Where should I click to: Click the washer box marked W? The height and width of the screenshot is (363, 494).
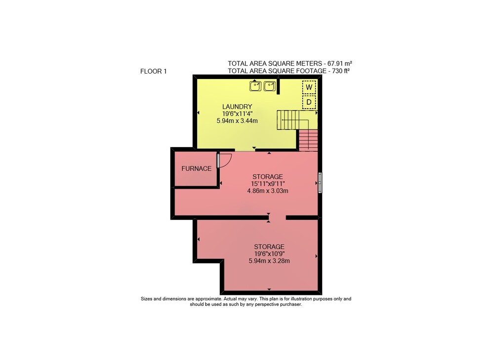(309, 87)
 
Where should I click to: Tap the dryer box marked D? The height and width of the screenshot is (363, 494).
(309, 102)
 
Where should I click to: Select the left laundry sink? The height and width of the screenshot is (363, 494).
(255, 86)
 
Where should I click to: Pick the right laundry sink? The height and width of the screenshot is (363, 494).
(270, 86)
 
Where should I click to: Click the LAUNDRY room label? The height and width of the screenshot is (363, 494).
(237, 107)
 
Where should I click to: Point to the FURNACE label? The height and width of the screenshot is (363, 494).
(196, 168)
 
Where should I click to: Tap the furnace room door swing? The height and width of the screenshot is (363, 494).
(225, 161)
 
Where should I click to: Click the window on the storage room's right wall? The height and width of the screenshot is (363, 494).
(320, 182)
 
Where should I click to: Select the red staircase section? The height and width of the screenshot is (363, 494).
(308, 140)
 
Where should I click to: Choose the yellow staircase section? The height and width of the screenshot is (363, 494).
(292, 120)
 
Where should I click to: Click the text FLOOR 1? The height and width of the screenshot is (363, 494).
(154, 72)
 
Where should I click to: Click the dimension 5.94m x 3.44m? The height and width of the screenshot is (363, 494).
(237, 121)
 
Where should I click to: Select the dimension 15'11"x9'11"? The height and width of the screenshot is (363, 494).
(268, 184)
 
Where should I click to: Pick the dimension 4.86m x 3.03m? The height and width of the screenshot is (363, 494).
(268, 191)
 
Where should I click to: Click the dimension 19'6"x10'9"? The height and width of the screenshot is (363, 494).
(269, 254)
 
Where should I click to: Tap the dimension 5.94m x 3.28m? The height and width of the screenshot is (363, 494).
(269, 261)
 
